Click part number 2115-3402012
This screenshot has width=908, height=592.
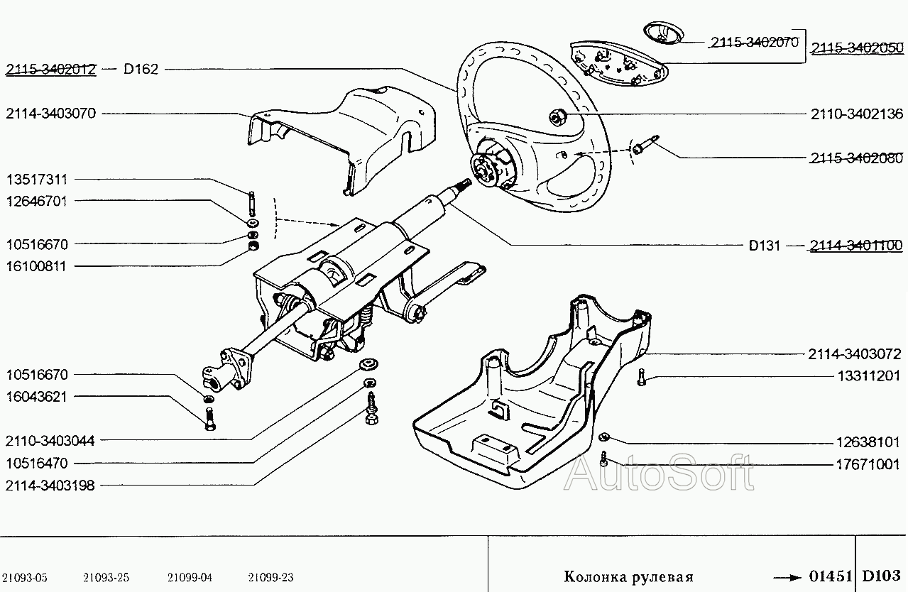pyautogui.click(x=50, y=70)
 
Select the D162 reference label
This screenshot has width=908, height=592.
pyautogui.click(x=141, y=70)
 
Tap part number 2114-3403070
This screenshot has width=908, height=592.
pyautogui.click(x=50, y=114)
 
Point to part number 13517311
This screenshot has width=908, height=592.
pyautogui.click(x=36, y=180)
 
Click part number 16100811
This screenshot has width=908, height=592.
pyautogui.click(x=36, y=267)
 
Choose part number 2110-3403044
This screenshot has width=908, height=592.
pyautogui.click(x=50, y=441)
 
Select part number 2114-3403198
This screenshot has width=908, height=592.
pyautogui.click(x=50, y=486)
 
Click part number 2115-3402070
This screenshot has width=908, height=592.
pyautogui.click(x=755, y=42)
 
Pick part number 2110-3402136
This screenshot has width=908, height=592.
pyautogui.click(x=857, y=114)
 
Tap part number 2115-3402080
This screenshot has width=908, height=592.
pyautogui.click(x=857, y=158)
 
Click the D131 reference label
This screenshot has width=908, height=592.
pyautogui.click(x=764, y=246)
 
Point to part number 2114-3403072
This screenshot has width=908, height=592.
pyautogui.click(x=855, y=354)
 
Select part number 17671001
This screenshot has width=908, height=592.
pyautogui.click(x=868, y=464)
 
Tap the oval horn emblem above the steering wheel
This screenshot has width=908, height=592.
pyautogui.click(x=663, y=33)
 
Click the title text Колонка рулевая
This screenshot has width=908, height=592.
pyautogui.click(x=629, y=576)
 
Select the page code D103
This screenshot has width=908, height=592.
pyautogui.click(x=881, y=576)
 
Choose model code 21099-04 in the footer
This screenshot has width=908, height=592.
pyautogui.click(x=190, y=577)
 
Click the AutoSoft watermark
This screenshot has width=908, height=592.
pyautogui.click(x=659, y=473)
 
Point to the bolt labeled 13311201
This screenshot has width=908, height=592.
pyautogui.click(x=641, y=377)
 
